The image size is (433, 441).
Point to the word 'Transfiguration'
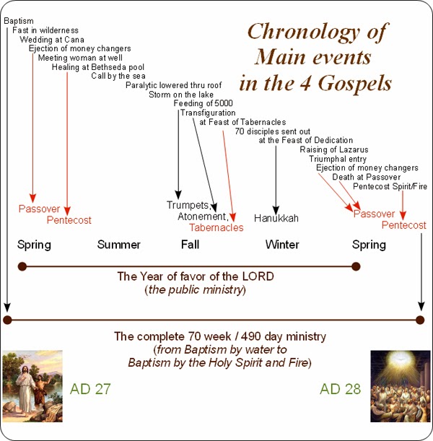tap(208, 113)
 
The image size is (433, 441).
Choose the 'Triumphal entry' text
tap(338, 159)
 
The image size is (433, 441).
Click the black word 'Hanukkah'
tap(276, 217)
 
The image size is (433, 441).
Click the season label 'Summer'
tap(118, 245)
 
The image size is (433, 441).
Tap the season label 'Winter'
tap(282, 245)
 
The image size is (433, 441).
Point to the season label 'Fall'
tap(191, 245)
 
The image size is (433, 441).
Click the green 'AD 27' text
tap(90, 390)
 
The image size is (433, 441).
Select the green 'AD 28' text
tap(340, 390)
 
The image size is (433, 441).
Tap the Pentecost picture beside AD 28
tap(399, 386)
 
